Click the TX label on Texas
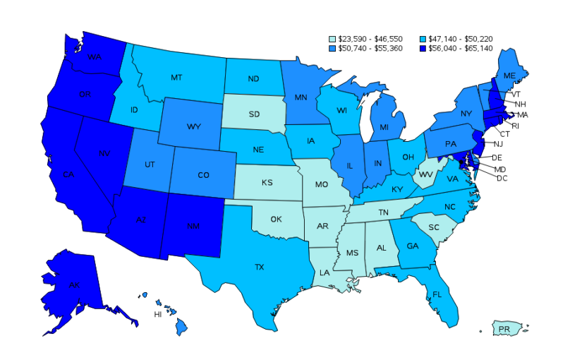pyautogui.click(x=260, y=267)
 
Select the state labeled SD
pyautogui.click(x=255, y=114)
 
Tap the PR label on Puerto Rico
pyautogui.click(x=504, y=329)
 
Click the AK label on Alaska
pyautogui.click(x=74, y=285)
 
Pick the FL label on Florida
pyautogui.click(x=437, y=294)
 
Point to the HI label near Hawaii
pyautogui.click(x=158, y=314)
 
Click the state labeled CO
pyautogui.click(x=203, y=174)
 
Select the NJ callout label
pyautogui.click(x=498, y=143)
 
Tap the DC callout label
pyautogui.click(x=502, y=178)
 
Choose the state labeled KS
pyautogui.click(x=267, y=182)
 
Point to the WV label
pyautogui.click(x=425, y=174)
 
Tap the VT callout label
pyautogui.click(x=516, y=94)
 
